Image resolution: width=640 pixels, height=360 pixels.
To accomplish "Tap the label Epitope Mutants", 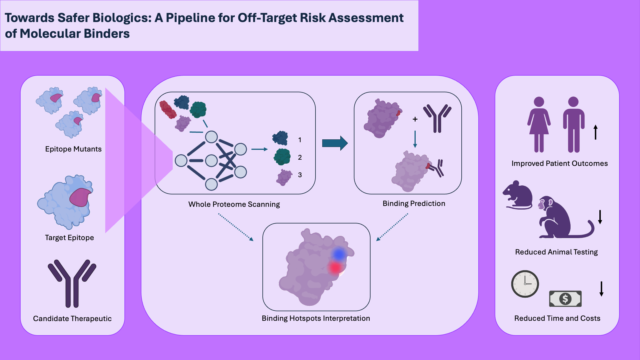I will click(x=73, y=149).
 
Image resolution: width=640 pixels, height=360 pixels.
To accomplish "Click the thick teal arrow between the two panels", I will click(x=335, y=143).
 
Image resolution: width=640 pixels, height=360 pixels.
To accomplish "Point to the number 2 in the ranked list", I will click(x=300, y=157).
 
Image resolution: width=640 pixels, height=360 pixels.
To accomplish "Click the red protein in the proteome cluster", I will click(x=168, y=109).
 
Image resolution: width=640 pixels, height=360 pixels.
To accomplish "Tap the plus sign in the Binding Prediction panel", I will click(x=415, y=119).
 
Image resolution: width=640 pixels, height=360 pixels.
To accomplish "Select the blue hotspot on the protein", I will click(x=339, y=254).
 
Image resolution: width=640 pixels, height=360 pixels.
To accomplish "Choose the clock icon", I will click(x=525, y=284).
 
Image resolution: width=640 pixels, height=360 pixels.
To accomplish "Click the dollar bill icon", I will click(x=565, y=298).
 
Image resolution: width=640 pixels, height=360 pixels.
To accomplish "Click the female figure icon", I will click(x=539, y=124).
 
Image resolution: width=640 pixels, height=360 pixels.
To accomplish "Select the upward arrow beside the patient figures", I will click(x=595, y=132).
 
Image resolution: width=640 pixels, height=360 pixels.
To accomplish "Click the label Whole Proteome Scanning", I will click(x=234, y=204).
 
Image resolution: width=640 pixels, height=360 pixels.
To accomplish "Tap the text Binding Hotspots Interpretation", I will click(x=316, y=318).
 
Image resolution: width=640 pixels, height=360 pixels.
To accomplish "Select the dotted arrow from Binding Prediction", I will click(x=392, y=227).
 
